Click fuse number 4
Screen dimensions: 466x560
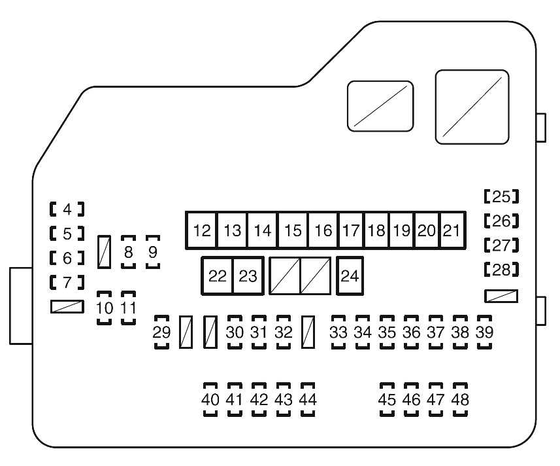click(67, 209)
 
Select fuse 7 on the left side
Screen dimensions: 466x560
click(67, 283)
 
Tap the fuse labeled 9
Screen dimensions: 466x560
click(153, 253)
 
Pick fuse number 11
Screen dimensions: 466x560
click(129, 308)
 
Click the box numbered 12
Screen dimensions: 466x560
click(203, 230)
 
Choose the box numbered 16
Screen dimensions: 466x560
click(323, 230)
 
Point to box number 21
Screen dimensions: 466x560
click(452, 230)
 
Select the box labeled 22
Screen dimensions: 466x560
click(217, 276)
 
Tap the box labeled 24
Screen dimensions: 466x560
click(350, 276)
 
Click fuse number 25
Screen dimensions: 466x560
click(501, 196)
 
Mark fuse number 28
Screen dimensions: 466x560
click(501, 269)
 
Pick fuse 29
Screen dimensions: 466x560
click(161, 332)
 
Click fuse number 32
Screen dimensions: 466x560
click(283, 332)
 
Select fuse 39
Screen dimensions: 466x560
click(484, 332)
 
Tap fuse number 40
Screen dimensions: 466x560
click(210, 399)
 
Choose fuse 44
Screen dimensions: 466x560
click(308, 399)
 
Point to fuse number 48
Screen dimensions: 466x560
click(460, 399)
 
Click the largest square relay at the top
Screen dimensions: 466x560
click(472, 107)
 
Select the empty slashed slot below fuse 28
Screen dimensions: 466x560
click(501, 296)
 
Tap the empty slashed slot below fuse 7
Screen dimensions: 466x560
click(67, 306)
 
